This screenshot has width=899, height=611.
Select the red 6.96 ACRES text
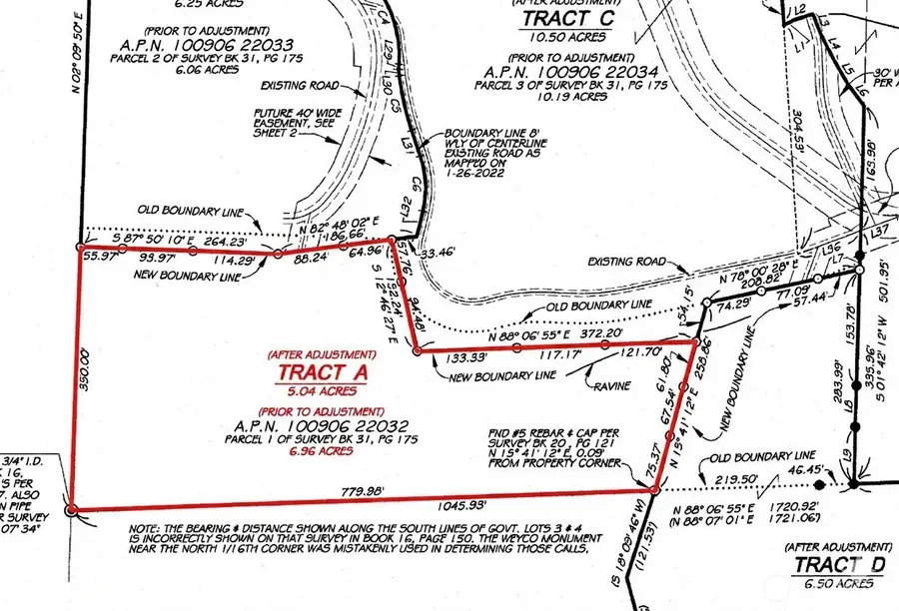pos(322,451)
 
